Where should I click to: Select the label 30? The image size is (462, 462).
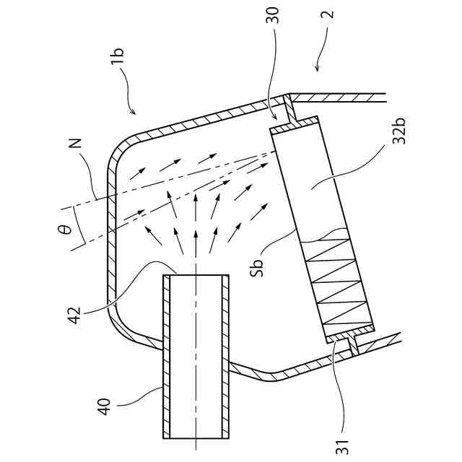click(x=273, y=20)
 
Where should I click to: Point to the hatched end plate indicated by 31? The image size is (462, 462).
click(x=350, y=333)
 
